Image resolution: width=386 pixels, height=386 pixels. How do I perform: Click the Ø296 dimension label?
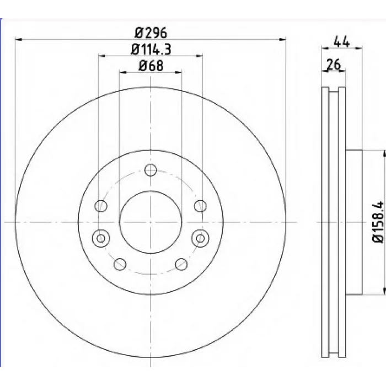tap(151, 33)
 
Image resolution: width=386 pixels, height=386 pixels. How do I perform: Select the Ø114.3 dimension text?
tap(151, 50)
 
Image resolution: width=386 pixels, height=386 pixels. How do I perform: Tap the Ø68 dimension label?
tap(151, 66)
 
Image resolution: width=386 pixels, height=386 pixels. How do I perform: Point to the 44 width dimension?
tap(341, 41)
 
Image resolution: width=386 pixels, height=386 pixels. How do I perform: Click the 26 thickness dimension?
tap(333, 65)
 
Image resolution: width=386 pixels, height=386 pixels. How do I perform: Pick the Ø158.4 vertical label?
tap(378, 222)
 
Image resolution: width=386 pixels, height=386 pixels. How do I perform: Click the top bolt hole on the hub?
tap(151, 170)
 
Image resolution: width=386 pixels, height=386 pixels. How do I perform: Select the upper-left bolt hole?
tap(101, 206)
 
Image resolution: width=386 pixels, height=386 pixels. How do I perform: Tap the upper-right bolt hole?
tap(200, 206)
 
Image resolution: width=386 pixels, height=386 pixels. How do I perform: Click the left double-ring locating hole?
tap(101, 238)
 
